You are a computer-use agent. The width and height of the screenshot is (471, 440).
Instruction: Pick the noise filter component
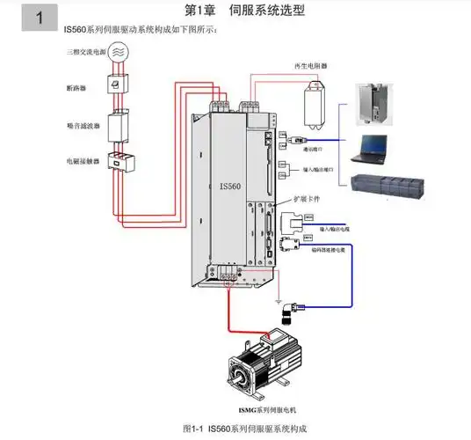118,124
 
